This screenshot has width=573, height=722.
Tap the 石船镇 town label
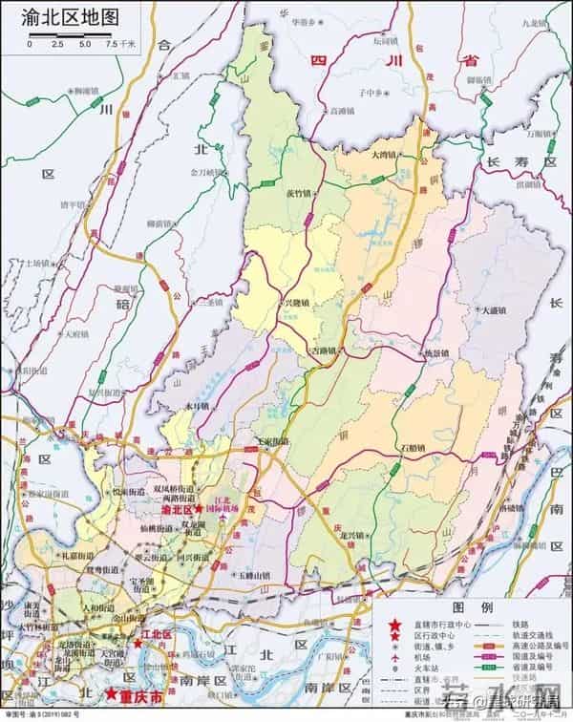[x=413, y=447]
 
